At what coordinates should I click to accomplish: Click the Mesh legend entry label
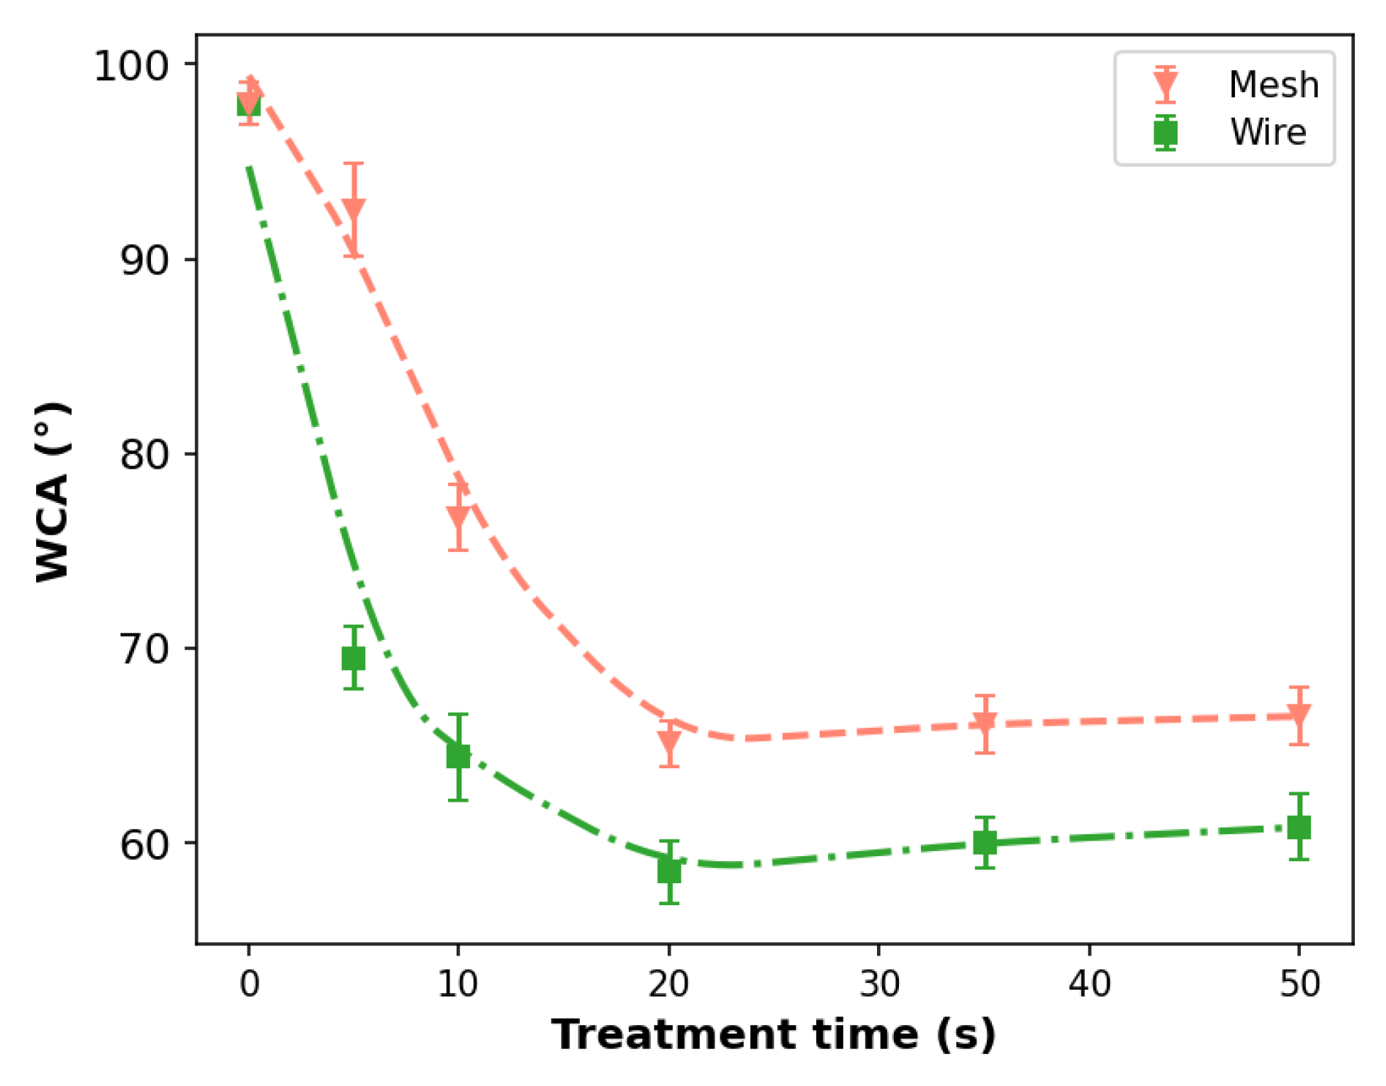coord(1273,85)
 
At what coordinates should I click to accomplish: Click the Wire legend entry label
coord(1268,133)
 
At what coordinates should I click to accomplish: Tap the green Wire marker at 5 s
coord(353,658)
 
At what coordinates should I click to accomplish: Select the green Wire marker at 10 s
coord(458,756)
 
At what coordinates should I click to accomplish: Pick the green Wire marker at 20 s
coord(669,870)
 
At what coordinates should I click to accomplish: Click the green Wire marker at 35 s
coord(984,843)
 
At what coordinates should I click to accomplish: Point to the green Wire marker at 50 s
coord(1298,827)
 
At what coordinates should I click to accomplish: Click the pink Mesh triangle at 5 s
coord(353,209)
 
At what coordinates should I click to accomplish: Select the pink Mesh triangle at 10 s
coord(458,516)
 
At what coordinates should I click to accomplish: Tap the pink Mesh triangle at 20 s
coord(669,742)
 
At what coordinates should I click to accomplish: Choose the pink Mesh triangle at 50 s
coord(1298,715)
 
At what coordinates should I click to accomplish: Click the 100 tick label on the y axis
coord(131,66)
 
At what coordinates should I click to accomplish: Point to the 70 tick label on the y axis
coord(144,648)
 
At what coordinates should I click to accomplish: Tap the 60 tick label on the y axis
coord(144,843)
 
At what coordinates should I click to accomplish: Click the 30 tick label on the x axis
coord(879,985)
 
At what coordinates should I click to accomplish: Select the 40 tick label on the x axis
coord(1089,985)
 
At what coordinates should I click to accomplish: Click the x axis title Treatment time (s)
coord(773,1034)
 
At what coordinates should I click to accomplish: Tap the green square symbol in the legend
coord(1165,133)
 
